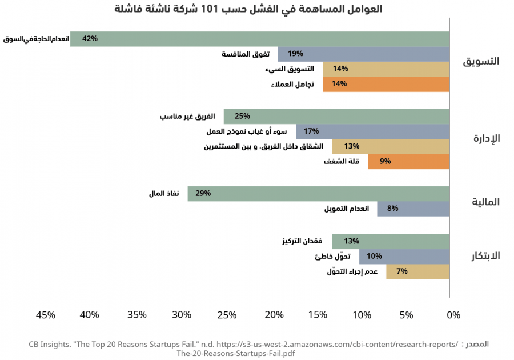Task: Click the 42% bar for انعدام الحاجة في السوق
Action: (260, 39)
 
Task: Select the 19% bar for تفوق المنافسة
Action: (364, 54)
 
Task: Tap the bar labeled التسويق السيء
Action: (386, 69)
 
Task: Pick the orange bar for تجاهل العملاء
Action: (386, 84)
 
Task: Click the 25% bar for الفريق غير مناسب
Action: (336, 117)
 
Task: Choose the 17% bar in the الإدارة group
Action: (372, 131)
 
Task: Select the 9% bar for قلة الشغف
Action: (408, 161)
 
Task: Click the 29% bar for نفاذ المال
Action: (319, 194)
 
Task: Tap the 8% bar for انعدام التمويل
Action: (413, 209)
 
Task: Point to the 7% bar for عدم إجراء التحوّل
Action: (417, 271)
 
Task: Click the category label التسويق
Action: (481, 61)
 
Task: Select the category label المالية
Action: (485, 202)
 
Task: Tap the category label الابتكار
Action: (485, 255)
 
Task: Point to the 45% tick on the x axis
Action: (46, 315)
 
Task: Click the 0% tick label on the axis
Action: (453, 315)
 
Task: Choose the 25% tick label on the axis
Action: (227, 315)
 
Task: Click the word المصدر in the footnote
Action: (477, 345)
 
